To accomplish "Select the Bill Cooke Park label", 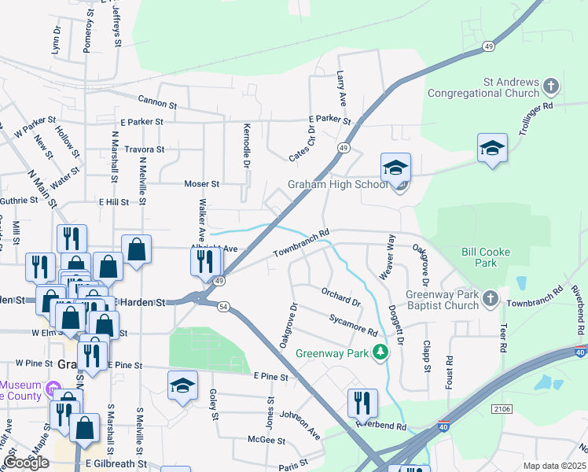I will click(485, 257).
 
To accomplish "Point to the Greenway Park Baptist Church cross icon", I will click(491, 298).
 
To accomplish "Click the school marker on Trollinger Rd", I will click(492, 148).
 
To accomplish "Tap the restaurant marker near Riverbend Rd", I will click(362, 402).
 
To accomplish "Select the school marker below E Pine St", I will click(182, 385).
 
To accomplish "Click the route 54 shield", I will click(224, 308).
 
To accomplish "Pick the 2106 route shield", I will click(502, 409).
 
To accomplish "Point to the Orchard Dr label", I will click(340, 297).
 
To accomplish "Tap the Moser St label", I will click(201, 183).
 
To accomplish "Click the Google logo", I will click(26, 463).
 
